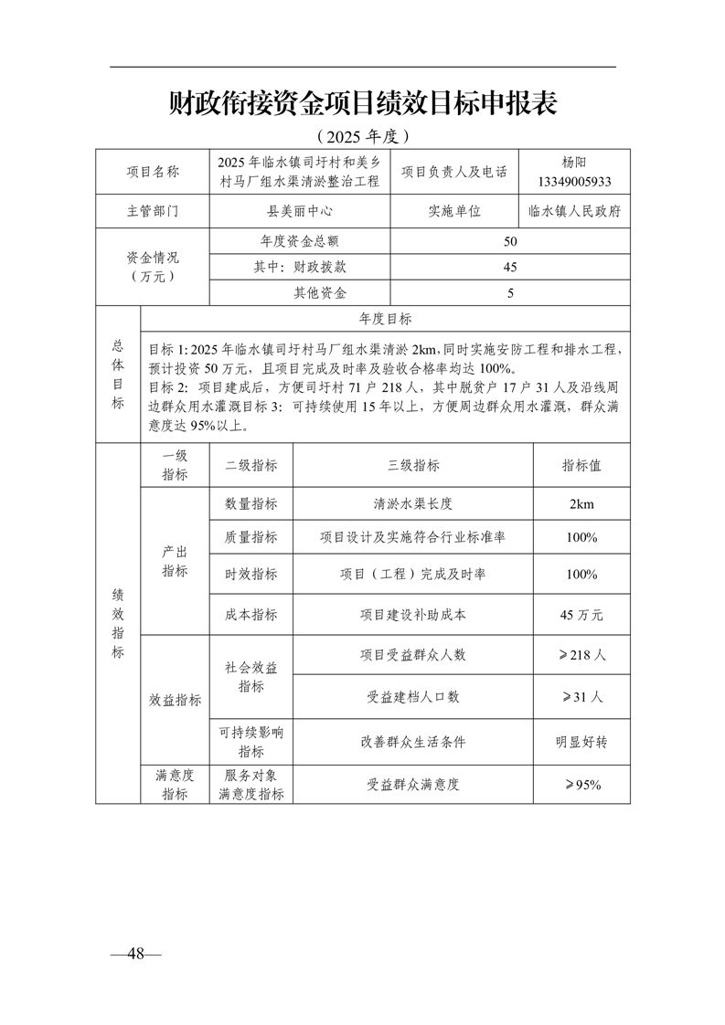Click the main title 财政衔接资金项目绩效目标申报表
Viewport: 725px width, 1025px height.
point(363,103)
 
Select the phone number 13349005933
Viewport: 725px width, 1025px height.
point(575,181)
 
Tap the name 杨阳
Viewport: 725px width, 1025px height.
point(575,163)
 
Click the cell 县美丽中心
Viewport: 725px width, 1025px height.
point(300,210)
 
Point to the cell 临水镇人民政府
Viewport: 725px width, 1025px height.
point(575,210)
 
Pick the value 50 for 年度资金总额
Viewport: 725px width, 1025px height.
point(510,241)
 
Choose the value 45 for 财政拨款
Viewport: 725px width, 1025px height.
point(510,267)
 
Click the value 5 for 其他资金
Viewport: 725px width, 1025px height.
point(510,293)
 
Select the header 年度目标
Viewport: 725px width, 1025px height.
point(385,319)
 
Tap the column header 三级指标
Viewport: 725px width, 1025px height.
point(413,465)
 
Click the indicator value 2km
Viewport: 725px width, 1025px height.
point(581,503)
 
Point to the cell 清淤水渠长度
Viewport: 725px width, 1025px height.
point(413,503)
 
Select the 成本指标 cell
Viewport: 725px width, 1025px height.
point(251,615)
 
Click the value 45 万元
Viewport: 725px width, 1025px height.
point(581,615)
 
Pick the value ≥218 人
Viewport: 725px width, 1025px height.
point(581,655)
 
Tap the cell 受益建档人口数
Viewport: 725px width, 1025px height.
point(413,696)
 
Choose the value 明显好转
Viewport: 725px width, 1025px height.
point(581,742)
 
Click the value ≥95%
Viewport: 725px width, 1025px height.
point(581,784)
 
